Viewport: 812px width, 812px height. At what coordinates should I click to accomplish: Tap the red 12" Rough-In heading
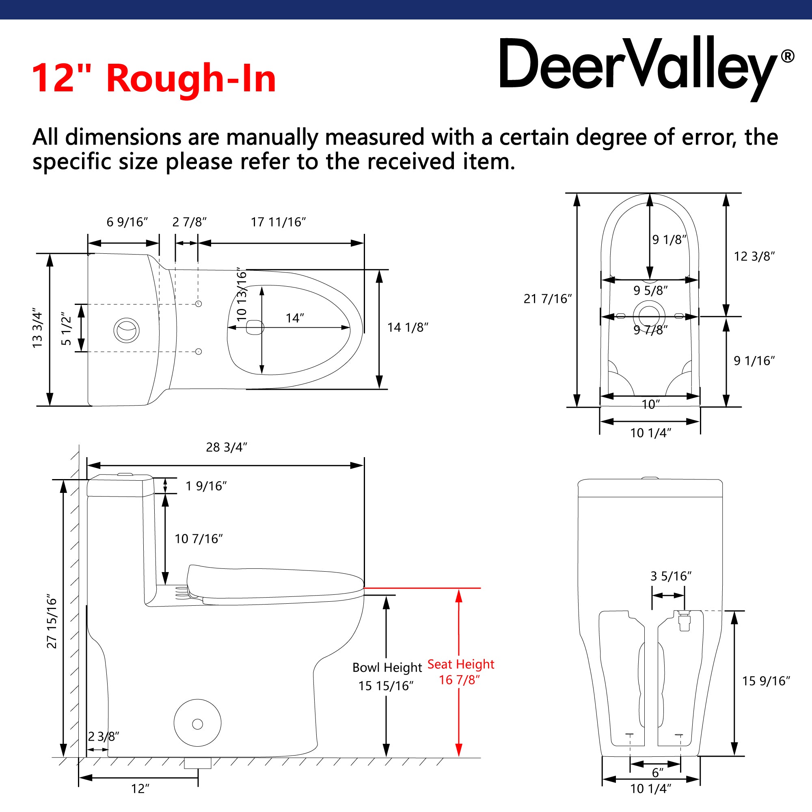click(154, 78)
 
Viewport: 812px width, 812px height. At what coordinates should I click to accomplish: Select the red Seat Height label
click(461, 664)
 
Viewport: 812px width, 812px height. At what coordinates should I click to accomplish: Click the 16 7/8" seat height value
click(459, 680)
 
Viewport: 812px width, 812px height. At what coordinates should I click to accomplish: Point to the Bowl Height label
click(387, 667)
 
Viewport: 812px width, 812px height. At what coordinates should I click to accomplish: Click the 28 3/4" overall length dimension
click(227, 447)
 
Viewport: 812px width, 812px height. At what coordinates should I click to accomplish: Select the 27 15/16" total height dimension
click(52, 621)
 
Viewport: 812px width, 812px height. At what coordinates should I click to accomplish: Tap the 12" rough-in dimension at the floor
click(140, 789)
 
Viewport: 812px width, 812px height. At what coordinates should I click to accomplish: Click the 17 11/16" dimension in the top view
click(278, 222)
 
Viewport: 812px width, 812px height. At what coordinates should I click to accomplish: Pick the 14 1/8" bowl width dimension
click(408, 327)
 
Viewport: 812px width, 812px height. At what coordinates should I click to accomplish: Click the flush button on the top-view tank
click(126, 330)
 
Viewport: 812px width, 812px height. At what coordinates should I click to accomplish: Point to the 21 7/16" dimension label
click(548, 299)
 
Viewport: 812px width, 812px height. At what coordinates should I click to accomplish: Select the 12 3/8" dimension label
click(754, 256)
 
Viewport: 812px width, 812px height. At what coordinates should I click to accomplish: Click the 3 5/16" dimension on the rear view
click(671, 576)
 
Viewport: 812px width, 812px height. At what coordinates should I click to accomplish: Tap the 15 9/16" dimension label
click(766, 681)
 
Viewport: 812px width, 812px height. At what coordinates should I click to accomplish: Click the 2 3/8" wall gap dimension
click(104, 736)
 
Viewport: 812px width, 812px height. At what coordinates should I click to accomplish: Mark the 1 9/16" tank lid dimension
click(206, 486)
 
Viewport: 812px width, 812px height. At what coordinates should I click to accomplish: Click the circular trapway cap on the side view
click(198, 723)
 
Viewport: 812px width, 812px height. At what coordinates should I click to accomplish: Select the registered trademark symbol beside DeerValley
click(788, 56)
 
